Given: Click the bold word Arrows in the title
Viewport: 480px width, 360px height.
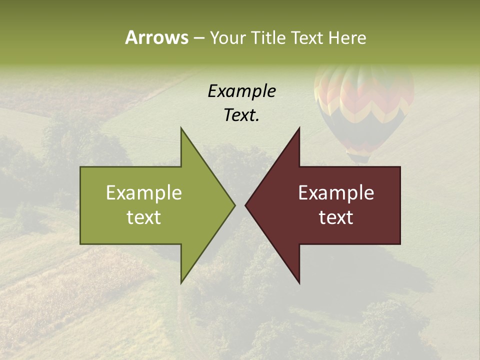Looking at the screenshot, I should pyautogui.click(x=156, y=37).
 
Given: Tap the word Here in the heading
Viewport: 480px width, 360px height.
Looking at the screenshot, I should pyautogui.click(x=347, y=37).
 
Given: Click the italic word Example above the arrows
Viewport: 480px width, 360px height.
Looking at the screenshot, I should pyautogui.click(x=241, y=91).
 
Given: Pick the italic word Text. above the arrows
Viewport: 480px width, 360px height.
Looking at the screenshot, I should pyautogui.click(x=241, y=115).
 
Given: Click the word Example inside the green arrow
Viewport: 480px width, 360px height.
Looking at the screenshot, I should pyautogui.click(x=144, y=193).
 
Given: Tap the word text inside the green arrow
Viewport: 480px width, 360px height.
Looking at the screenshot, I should pyautogui.click(x=144, y=217).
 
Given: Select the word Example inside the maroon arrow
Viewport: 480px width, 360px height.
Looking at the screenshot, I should pyautogui.click(x=336, y=193).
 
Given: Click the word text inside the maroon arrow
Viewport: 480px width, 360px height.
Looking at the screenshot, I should pyautogui.click(x=336, y=217).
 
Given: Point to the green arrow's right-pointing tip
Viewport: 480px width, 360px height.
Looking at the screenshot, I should pyautogui.click(x=234, y=205).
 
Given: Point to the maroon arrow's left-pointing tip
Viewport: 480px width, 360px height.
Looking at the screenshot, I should pyautogui.click(x=246, y=205).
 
